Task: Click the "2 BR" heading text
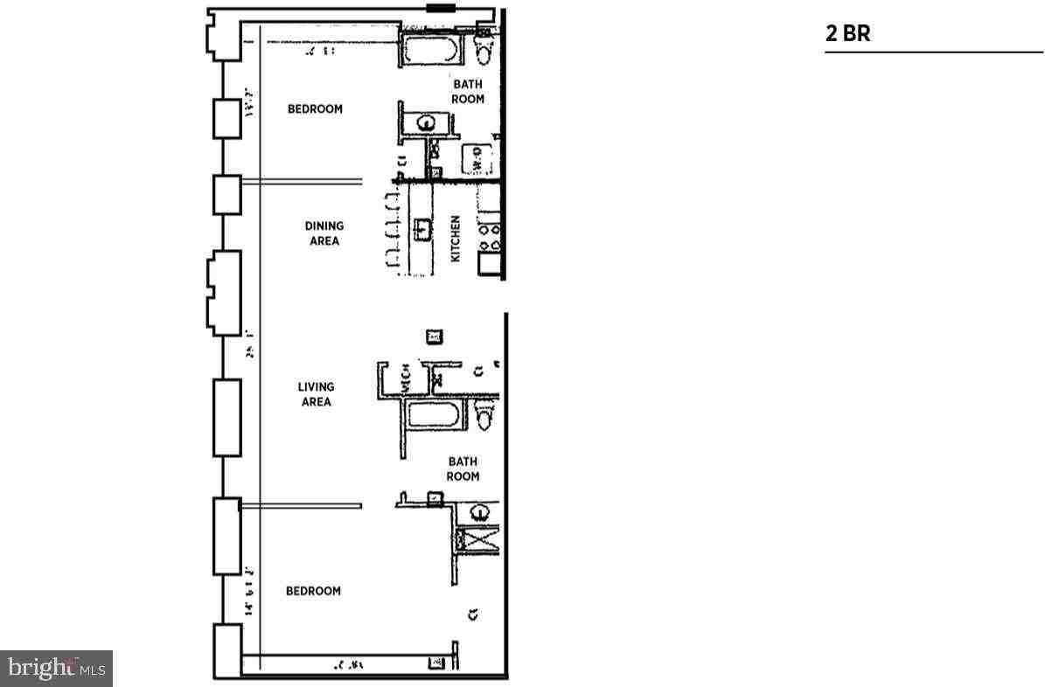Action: [847, 34]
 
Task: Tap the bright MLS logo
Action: [57, 669]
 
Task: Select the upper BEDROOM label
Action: [315, 109]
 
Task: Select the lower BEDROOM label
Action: [313, 591]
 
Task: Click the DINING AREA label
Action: [324, 233]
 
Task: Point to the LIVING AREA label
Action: [316, 394]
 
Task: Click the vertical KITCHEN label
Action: [455, 239]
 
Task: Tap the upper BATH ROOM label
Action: [468, 92]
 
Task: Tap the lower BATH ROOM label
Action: [463, 468]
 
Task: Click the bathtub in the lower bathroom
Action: [435, 417]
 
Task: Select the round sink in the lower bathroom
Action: [480, 512]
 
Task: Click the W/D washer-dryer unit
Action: [478, 157]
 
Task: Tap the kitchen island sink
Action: [422, 230]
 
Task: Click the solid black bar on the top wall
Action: [440, 9]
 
